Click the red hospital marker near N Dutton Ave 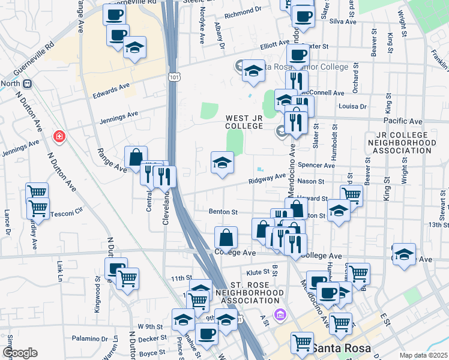pos(59,137)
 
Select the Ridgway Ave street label pos(268,178)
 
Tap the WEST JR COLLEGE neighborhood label pos(244,122)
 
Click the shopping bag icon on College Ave pos(226,238)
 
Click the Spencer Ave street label pos(320,165)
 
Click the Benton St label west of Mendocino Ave pos(224,212)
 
